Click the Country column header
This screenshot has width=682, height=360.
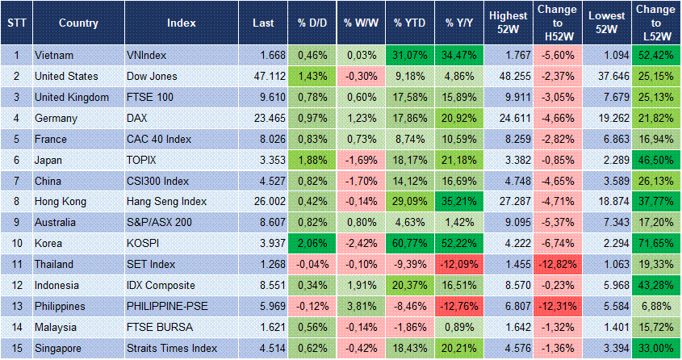(78, 23)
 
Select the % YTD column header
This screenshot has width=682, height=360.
(409, 23)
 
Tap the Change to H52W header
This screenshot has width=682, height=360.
(557, 23)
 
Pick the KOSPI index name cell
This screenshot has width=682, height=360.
(145, 242)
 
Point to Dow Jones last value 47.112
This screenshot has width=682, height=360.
(259, 76)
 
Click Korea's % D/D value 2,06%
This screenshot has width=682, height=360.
(312, 242)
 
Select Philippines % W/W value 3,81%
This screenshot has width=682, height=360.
(360, 305)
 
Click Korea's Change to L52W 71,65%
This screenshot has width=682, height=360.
(655, 242)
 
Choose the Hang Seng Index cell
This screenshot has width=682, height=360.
(166, 200)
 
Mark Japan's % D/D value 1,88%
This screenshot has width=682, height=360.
(312, 159)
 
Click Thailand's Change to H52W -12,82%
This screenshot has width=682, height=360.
(557, 263)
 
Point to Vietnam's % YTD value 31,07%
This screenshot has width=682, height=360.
(409, 55)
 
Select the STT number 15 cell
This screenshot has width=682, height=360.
(16, 347)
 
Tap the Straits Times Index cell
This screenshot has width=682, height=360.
(171, 347)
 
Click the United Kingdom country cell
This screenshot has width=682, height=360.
(72, 97)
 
